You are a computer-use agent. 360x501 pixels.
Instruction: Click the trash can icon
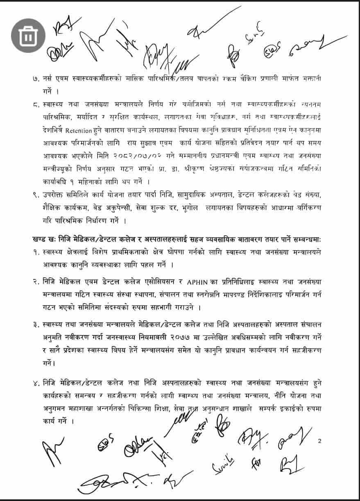coord(28,36)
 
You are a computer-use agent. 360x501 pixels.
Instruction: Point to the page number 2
coord(319,441)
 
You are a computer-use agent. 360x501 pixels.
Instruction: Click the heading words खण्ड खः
coord(43,238)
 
